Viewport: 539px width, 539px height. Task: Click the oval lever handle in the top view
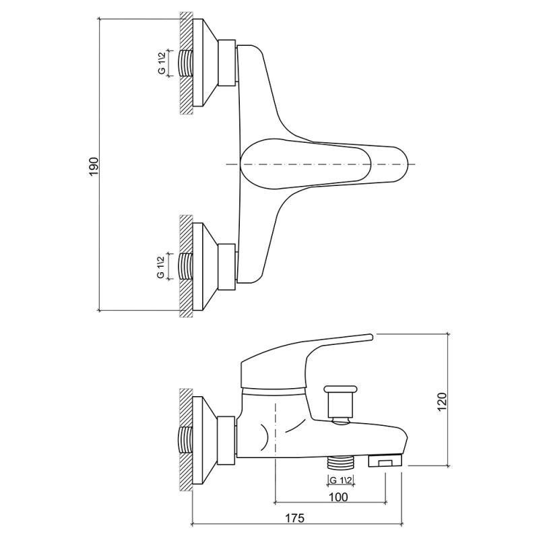tap(323, 164)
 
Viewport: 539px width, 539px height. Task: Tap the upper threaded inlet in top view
tap(185, 64)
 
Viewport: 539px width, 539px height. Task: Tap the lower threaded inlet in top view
tap(185, 267)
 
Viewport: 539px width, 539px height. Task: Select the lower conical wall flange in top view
tap(208, 267)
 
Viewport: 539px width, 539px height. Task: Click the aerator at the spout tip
tap(385, 462)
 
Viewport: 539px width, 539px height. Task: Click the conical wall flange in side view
tap(208, 438)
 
